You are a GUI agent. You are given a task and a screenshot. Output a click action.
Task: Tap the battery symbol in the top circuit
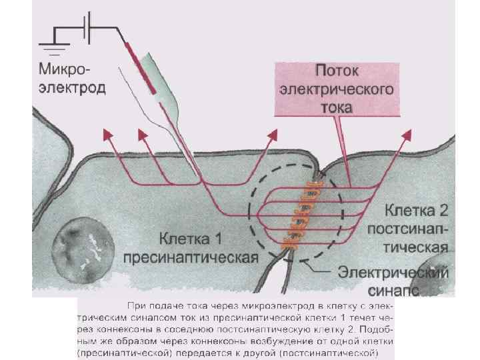point(87,28)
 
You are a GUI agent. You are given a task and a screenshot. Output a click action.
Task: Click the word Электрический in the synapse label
point(393,273)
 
